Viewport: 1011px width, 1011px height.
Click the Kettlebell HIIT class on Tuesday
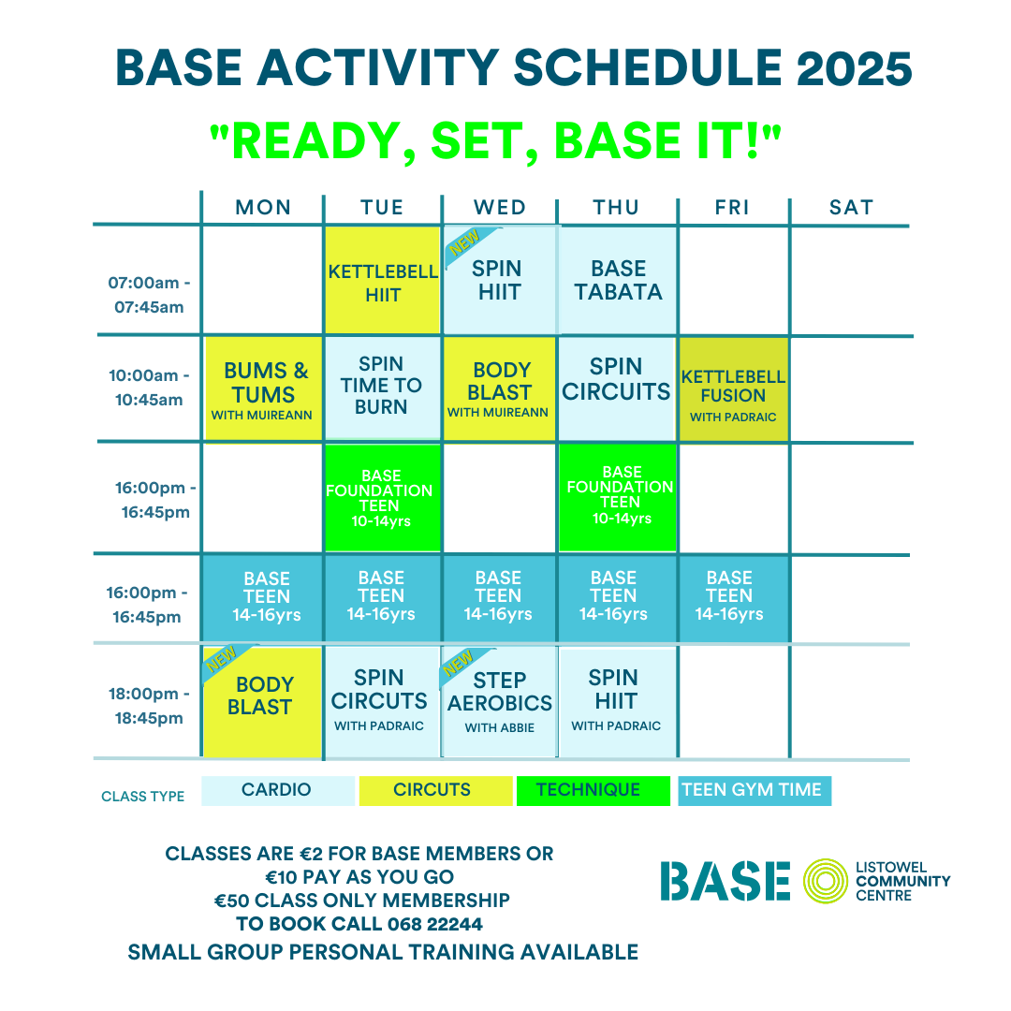(383, 280)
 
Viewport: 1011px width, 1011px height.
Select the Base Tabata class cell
(619, 280)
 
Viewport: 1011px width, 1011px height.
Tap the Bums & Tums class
(263, 389)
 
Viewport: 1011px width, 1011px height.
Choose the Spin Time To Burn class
(382, 388)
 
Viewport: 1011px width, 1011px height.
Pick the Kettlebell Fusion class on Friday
(734, 389)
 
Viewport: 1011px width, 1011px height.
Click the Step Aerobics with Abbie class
(500, 701)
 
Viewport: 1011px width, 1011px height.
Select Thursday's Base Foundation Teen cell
(618, 497)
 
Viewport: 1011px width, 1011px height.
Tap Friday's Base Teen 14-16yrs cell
(734, 597)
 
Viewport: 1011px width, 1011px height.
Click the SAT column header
(851, 208)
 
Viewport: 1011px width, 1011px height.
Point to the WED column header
(500, 208)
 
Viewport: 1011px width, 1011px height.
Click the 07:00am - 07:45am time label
(149, 295)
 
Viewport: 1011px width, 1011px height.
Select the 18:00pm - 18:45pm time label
(149, 706)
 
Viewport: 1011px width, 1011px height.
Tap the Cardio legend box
(278, 790)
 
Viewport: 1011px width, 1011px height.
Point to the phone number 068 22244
(434, 924)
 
